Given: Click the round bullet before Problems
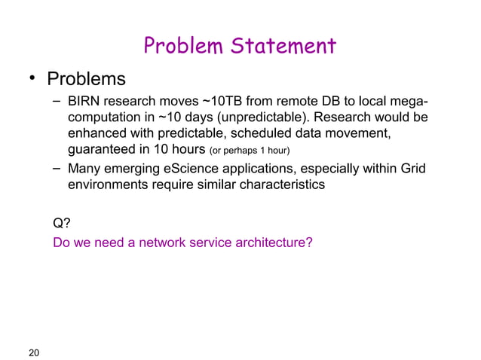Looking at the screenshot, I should (32, 80).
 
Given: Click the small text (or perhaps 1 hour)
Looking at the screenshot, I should (250, 151).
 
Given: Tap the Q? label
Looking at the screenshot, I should (62, 222).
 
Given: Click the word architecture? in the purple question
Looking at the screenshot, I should (276, 243).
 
